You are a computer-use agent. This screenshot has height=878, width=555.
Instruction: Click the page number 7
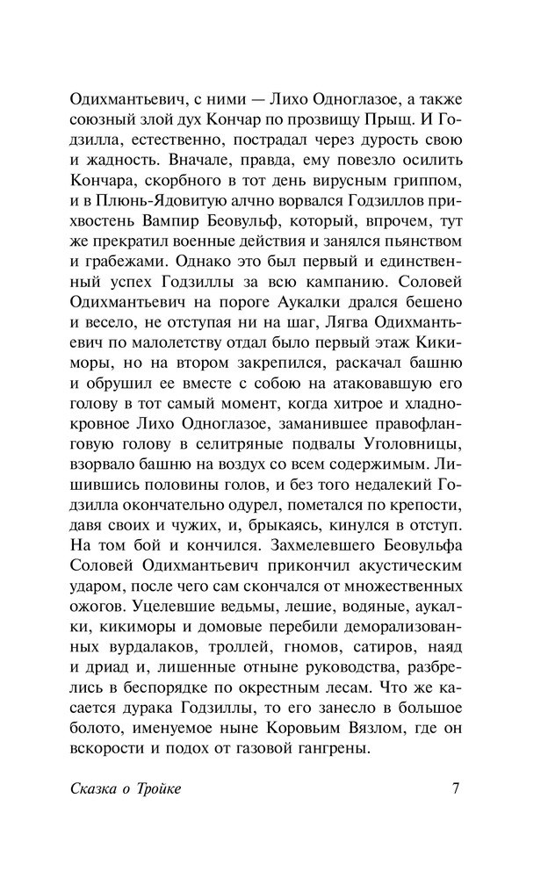(x=456, y=788)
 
